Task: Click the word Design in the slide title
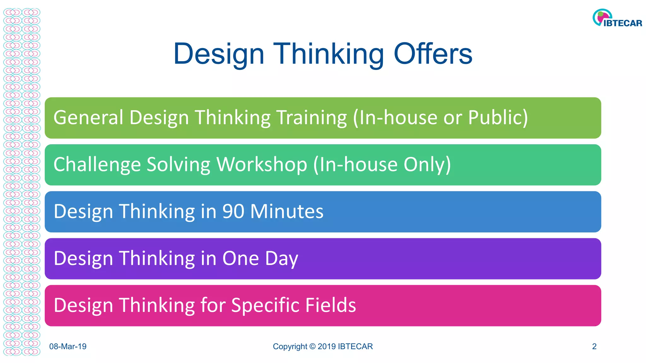coord(219,54)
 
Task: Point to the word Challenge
coord(97,165)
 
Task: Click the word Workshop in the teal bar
coord(262,164)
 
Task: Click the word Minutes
coord(287,211)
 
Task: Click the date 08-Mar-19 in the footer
coord(68,347)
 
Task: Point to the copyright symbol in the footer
coord(312,347)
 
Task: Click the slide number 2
coord(594,347)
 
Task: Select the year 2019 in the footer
coord(326,347)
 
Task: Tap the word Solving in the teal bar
coord(178,165)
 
